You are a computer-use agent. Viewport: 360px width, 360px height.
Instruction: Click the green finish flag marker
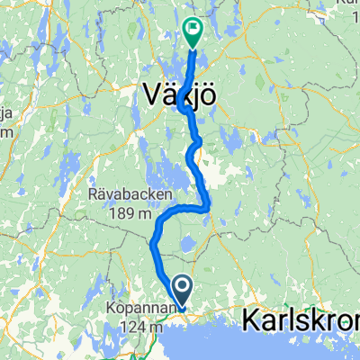click(x=193, y=31)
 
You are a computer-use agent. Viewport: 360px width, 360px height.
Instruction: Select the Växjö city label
click(x=180, y=93)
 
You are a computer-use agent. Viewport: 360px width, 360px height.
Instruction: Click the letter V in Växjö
click(x=153, y=93)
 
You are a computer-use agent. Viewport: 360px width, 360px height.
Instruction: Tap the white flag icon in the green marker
click(x=193, y=29)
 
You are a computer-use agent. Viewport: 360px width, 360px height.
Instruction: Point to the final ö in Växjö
click(x=207, y=93)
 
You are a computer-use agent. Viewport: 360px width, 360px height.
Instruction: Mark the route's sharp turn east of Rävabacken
click(x=209, y=207)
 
